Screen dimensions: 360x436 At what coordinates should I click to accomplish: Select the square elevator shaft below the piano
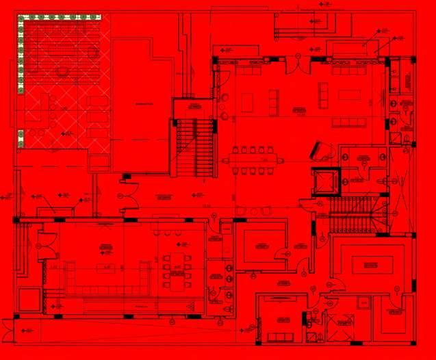(x=325, y=183)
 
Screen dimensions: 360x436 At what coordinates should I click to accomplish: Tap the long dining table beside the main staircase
(x=251, y=160)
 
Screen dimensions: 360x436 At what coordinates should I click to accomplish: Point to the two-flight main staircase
(x=194, y=147)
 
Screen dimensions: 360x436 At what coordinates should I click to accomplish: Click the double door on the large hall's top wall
(x=296, y=62)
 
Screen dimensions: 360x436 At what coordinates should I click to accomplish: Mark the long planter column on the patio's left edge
(x=21, y=55)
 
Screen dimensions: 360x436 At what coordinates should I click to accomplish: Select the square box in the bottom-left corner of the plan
(x=28, y=301)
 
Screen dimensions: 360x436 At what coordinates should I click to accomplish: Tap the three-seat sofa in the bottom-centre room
(x=280, y=337)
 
